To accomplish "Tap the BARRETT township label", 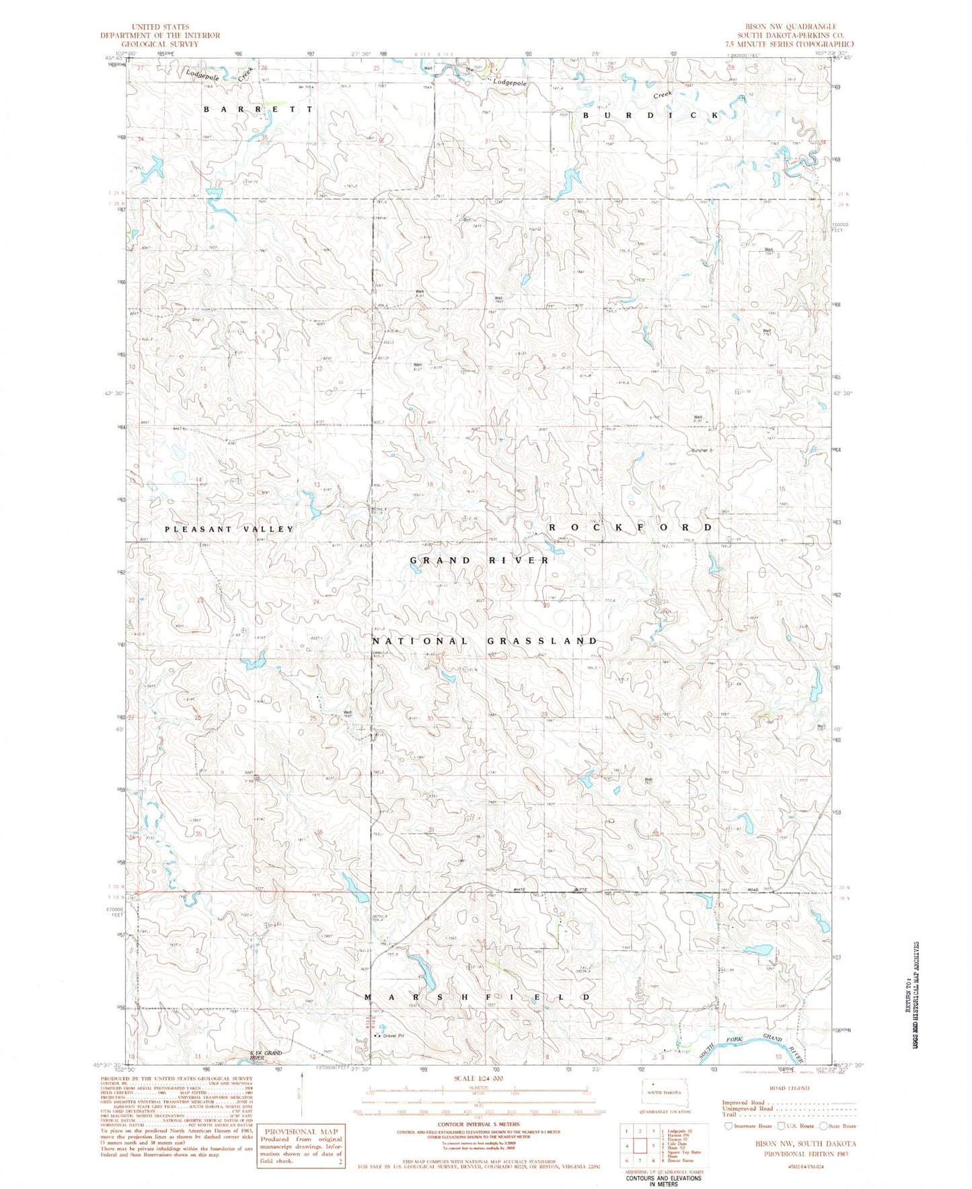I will click(258, 108).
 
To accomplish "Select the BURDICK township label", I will click(650, 115).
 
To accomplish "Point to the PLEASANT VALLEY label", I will click(229, 529).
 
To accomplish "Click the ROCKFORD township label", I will click(630, 527).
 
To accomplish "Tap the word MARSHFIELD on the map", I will click(478, 997).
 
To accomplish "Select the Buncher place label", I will click(699, 450).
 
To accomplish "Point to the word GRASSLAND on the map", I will click(543, 641).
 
